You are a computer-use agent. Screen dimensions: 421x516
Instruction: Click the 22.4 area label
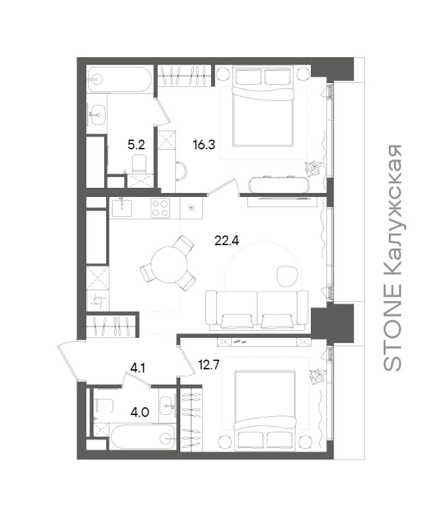point(227,241)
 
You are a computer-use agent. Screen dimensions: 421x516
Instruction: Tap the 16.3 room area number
point(204,144)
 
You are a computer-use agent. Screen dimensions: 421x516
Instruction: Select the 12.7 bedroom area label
point(209,365)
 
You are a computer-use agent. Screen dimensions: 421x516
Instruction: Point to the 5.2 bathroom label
point(136,144)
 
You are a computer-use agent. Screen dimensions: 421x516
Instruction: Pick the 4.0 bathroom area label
point(140,412)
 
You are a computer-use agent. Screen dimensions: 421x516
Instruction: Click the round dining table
point(169,264)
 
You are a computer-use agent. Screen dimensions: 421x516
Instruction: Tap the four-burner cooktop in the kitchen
point(160,208)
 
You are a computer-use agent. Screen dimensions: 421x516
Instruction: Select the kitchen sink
point(122,208)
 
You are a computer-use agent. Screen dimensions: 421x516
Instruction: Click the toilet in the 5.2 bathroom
point(139,163)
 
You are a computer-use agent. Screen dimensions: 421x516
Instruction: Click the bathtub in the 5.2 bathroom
point(120,79)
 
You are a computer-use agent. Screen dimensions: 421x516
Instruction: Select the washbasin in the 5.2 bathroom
point(97,115)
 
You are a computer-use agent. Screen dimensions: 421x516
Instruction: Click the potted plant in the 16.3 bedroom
point(313,169)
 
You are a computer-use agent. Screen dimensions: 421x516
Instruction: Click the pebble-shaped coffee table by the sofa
point(287,276)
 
